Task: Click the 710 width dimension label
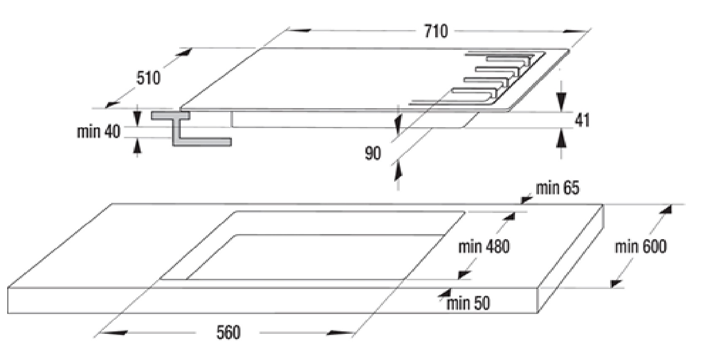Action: pos(436,31)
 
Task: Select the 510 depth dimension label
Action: pos(148,78)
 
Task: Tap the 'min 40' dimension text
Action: pos(98,131)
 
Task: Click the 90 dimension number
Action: pos(373,153)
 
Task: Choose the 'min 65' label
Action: pos(558,188)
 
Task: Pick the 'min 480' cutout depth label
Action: pos(484,246)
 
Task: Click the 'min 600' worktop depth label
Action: pos(641,246)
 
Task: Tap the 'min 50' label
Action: pos(469,303)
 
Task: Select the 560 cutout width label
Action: pos(229,333)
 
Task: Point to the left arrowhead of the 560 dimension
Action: pos(115,333)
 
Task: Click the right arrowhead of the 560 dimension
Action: pos(339,333)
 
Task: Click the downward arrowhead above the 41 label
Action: pos(561,101)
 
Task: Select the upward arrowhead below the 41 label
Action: pos(561,138)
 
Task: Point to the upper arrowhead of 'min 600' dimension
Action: pos(665,210)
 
